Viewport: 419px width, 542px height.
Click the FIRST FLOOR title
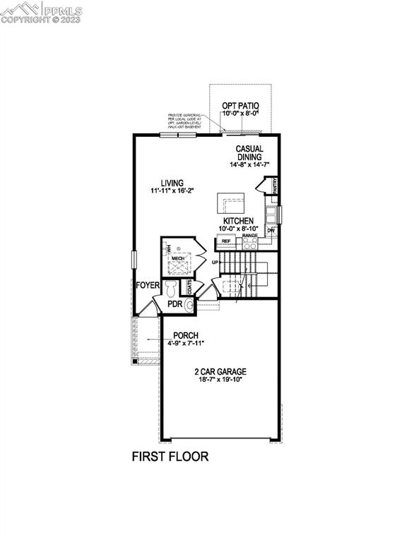pos(170,456)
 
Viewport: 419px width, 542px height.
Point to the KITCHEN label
pos(239,221)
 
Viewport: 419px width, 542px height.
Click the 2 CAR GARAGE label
pos(221,371)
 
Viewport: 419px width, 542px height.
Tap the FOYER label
pos(148,285)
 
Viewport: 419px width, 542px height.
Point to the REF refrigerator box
pos(226,241)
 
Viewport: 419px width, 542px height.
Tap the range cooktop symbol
pos(250,243)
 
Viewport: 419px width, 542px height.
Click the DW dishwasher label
pos(271,231)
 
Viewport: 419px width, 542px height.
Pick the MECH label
pos(177,259)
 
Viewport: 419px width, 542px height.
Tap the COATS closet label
pos(189,287)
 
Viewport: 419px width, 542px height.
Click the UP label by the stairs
pos(213,263)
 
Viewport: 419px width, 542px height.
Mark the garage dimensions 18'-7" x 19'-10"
pos(221,380)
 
